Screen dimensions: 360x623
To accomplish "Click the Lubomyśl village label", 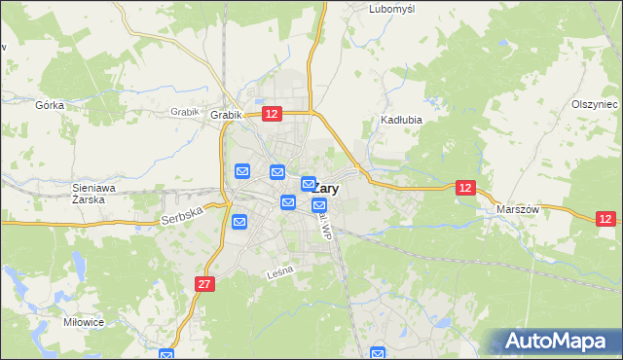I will pyautogui.click(x=392, y=9).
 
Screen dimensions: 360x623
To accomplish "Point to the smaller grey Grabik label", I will pyautogui.click(x=184, y=112).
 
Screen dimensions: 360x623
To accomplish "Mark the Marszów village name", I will pyautogui.click(x=517, y=209).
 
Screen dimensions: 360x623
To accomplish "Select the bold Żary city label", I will pyautogui.click(x=326, y=190).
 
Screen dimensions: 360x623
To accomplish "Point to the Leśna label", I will pyautogui.click(x=279, y=275).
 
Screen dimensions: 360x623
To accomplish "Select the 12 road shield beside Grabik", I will pyautogui.click(x=272, y=115).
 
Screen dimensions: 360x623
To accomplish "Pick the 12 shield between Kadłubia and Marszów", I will pyautogui.click(x=466, y=187).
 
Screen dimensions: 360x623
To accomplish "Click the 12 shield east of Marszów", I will pyautogui.click(x=605, y=220).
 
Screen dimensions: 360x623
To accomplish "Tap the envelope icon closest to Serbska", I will pyautogui.click(x=239, y=223).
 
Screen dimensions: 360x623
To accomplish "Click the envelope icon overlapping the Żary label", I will pyautogui.click(x=309, y=183).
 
